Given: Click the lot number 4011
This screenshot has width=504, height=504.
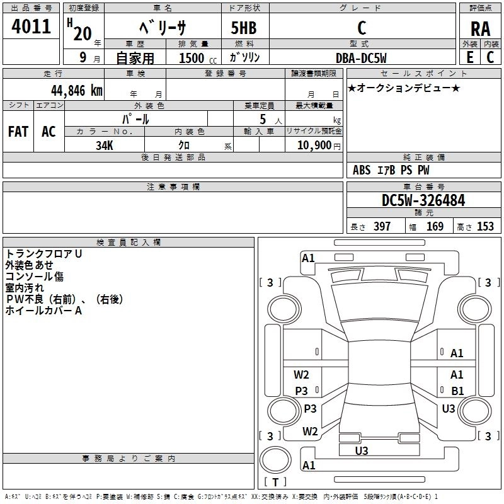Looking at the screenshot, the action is point(31,26).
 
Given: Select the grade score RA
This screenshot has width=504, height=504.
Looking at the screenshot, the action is point(480,29).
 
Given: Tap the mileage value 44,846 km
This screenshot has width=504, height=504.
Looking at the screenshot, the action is point(76,91).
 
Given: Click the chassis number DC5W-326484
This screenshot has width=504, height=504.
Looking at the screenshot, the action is point(423,200).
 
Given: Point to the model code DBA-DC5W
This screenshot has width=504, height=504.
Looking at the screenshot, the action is point(361,58).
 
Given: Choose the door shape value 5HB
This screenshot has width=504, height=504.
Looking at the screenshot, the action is point(244,28).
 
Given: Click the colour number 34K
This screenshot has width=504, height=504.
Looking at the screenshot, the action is point(105,146).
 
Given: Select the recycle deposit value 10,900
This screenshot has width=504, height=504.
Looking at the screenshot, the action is point(314,146).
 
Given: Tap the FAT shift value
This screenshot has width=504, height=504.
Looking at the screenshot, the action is point(18,132).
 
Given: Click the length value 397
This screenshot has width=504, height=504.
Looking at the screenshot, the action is point(382,227).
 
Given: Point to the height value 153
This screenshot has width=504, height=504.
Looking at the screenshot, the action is point(485,227).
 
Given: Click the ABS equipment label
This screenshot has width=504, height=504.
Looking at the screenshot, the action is point(362,170).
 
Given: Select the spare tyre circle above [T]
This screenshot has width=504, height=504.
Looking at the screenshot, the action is point(275,459).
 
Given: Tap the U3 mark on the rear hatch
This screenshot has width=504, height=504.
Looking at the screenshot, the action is point(362,450).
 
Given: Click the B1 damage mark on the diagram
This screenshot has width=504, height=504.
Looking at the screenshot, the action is point(457,391).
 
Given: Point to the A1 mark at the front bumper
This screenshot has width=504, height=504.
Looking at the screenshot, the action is point(308,258).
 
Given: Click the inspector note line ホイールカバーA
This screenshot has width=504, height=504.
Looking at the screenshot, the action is point(43,311).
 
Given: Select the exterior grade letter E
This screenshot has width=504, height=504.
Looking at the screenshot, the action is point(470,57).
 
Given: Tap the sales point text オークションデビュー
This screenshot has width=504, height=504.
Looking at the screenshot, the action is point(404,88).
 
